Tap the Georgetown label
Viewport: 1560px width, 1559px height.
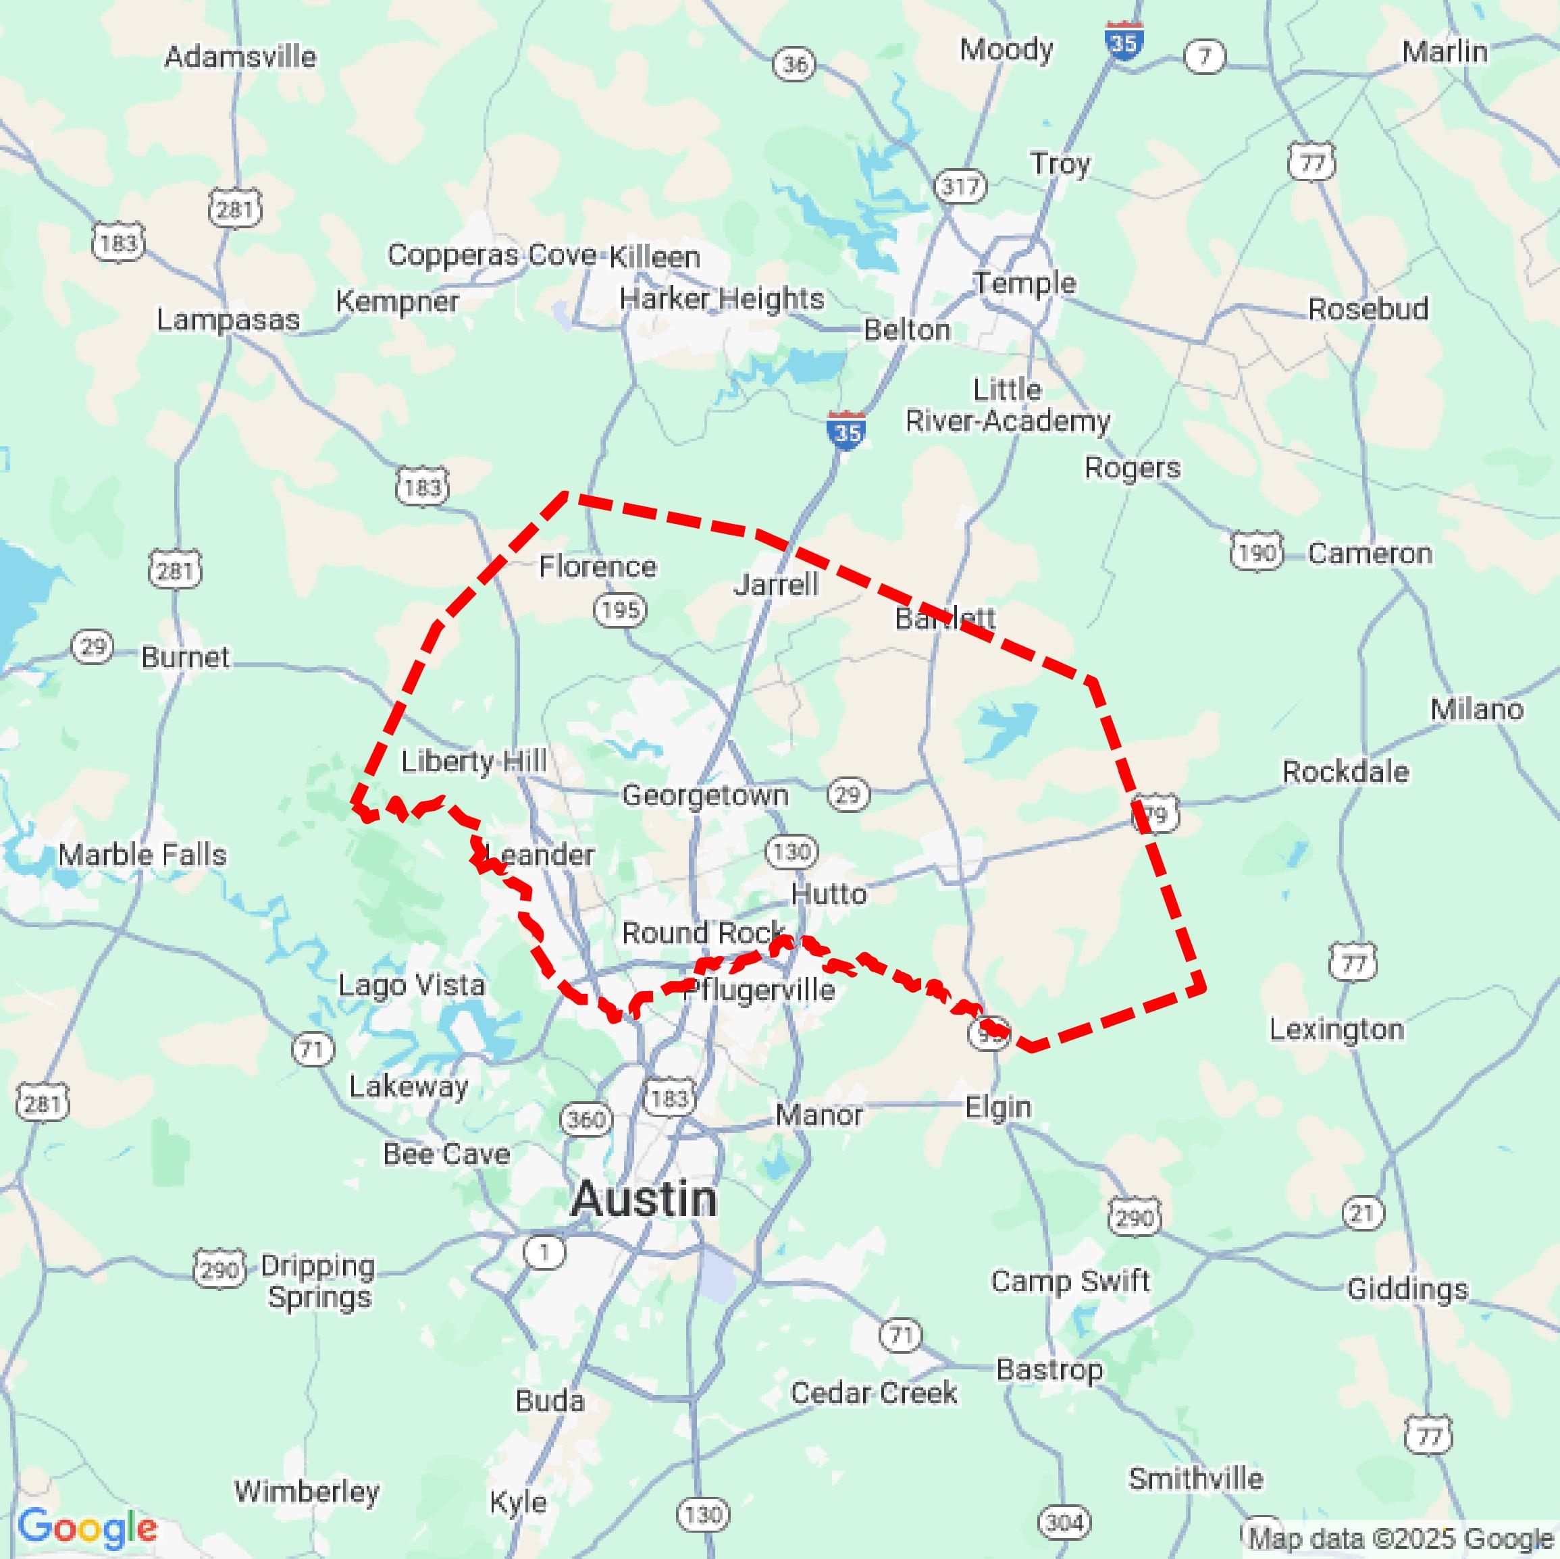click(x=705, y=795)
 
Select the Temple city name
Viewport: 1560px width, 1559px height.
click(x=1024, y=283)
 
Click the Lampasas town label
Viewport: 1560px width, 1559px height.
click(x=228, y=320)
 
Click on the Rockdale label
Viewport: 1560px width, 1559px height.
click(x=1345, y=771)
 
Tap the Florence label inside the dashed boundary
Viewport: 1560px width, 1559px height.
click(x=598, y=566)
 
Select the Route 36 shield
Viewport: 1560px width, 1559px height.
click(x=795, y=63)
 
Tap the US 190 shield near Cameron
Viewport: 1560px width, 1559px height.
click(x=1256, y=552)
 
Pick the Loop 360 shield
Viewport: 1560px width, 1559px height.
click(x=586, y=1119)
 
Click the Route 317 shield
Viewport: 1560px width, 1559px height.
click(x=960, y=186)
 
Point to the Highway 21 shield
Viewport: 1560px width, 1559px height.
click(x=1363, y=1213)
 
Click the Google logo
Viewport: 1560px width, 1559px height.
click(x=87, y=1527)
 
